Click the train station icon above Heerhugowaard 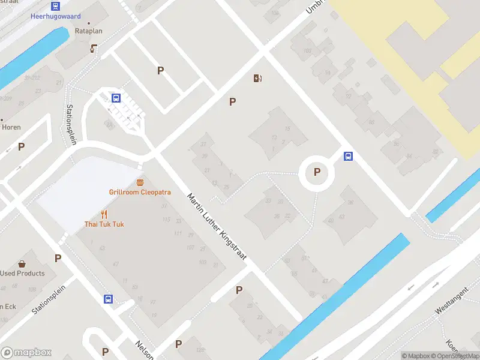pos(56,7)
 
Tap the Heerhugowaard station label pos(55,17)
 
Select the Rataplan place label pos(86,32)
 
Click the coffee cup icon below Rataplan pos(94,48)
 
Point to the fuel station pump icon pos(259,78)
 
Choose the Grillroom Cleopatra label pos(140,192)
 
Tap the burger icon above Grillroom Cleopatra pos(140,182)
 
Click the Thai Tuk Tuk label pos(104,224)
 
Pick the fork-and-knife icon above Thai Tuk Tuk pos(104,214)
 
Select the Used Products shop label pos(22,273)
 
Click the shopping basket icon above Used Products pos(22,263)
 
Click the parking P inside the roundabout pos(317,172)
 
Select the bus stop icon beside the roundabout pos(348,157)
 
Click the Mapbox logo pos(26,353)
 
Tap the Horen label pos(11,127)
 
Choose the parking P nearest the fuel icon pos(232,101)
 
